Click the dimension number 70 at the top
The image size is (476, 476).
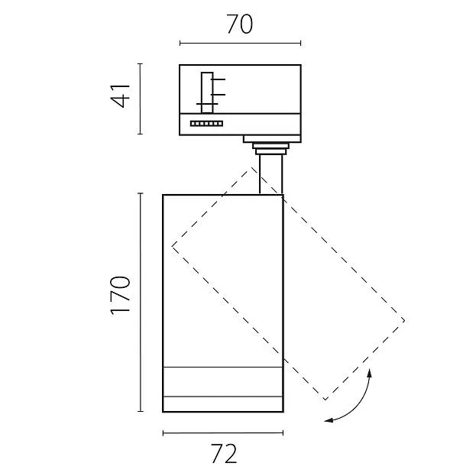pos(239,24)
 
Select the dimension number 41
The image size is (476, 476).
pos(121,96)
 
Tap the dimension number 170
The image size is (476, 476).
pos(121,296)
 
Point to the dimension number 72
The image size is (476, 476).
pos(224,454)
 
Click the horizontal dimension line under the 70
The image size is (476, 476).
pos(240,44)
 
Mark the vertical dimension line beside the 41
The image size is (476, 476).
pos(140,99)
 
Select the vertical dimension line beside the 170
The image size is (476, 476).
pos(140,303)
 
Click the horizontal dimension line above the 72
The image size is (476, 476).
pos(223,433)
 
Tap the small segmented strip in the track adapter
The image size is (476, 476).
pos(207,124)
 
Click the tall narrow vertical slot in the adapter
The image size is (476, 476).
pos(207,92)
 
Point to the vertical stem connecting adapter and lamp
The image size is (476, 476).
pos(271,174)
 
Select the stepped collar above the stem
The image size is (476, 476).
pos(270,149)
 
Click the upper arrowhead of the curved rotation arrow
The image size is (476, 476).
pos(370,372)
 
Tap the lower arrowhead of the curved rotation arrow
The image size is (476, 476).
pos(328,420)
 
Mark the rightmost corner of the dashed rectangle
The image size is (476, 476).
pos(405,320)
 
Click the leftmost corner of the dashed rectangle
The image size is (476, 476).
pos(172,245)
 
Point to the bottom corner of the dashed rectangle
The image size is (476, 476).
pos(325,400)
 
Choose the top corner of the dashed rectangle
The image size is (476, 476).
pos(251,167)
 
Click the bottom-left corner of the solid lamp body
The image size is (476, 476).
pos(163,412)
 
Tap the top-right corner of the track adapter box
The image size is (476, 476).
pos(301,65)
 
